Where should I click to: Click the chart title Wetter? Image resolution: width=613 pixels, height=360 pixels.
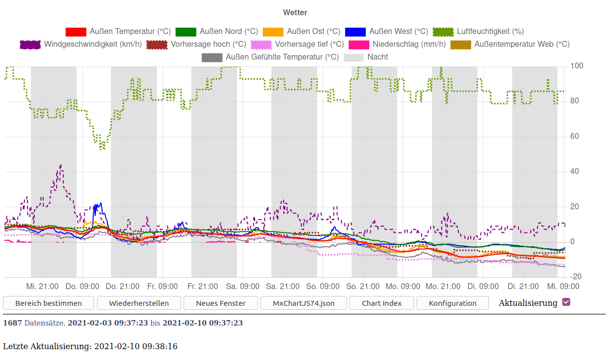tap(295, 12)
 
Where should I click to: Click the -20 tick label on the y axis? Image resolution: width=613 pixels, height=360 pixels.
tap(576, 277)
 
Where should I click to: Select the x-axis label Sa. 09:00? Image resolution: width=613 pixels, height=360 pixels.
tap(242, 287)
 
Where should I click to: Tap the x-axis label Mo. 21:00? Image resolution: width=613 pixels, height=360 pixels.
tap(443, 287)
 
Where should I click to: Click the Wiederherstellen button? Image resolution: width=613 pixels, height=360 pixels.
tap(139, 303)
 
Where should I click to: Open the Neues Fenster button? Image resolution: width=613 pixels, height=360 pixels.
tap(221, 303)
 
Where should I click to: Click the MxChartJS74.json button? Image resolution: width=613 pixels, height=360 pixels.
tap(304, 303)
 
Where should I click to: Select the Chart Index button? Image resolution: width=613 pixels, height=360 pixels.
tap(382, 303)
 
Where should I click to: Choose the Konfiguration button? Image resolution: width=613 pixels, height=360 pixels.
tap(452, 303)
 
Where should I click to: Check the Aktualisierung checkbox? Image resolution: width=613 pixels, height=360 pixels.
tap(566, 302)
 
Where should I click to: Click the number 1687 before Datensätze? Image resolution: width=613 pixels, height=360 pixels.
tap(12, 323)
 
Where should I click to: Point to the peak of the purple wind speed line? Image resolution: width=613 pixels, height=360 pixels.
tap(61, 165)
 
